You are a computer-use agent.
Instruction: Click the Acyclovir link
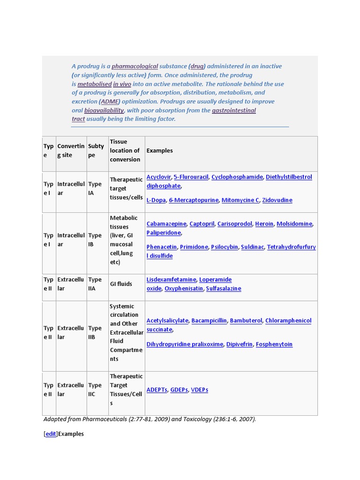[x=158, y=177]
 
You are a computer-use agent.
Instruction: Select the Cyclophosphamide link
[x=237, y=177]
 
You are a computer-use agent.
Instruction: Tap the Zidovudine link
[x=277, y=200]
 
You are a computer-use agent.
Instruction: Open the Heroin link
[x=264, y=224]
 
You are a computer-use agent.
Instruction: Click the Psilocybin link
[x=225, y=247]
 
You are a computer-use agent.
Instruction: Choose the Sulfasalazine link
[x=224, y=289]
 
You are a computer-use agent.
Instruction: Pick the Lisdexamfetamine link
[x=171, y=280]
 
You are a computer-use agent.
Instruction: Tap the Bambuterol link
[x=246, y=321]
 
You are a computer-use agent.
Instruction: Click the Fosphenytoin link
[x=274, y=345]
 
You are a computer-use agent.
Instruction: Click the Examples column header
[x=159, y=151]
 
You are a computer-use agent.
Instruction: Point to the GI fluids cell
[x=121, y=284]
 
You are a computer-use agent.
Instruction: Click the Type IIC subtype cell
[x=95, y=390]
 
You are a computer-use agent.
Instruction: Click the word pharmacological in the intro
[x=135, y=67]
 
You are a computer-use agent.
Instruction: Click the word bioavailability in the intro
[x=104, y=111]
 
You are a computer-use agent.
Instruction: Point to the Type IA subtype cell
[x=95, y=188]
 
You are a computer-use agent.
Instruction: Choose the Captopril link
[x=202, y=224]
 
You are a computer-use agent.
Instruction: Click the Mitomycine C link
[x=240, y=200]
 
